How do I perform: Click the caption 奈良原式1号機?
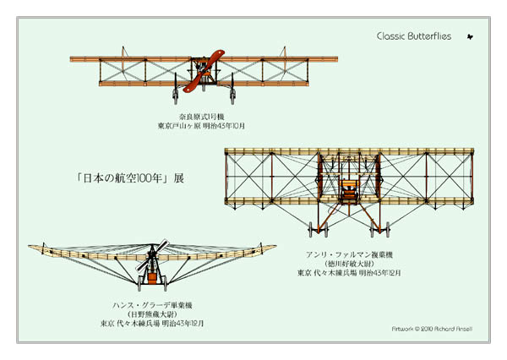[201, 116]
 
